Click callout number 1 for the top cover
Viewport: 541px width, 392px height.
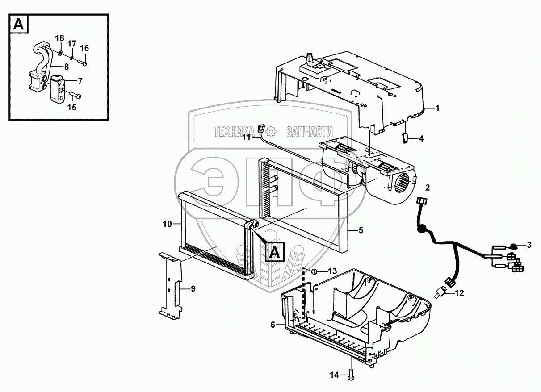pyautogui.click(x=438, y=108)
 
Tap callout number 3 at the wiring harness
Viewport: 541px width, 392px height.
pyautogui.click(x=529, y=245)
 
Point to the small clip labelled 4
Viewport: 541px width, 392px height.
pyautogui.click(x=405, y=139)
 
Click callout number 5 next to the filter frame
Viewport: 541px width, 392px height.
pyautogui.click(x=361, y=230)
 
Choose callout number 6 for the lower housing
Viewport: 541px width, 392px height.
pyautogui.click(x=273, y=325)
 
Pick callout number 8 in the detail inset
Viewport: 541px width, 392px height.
pyautogui.click(x=66, y=67)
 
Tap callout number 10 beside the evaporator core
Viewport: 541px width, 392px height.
pyautogui.click(x=167, y=224)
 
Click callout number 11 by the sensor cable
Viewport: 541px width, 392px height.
pyautogui.click(x=247, y=138)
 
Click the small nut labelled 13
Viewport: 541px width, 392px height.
pyautogui.click(x=314, y=271)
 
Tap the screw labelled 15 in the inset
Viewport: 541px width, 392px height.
pyautogui.click(x=77, y=96)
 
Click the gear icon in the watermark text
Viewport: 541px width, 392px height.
pyautogui.click(x=270, y=132)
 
